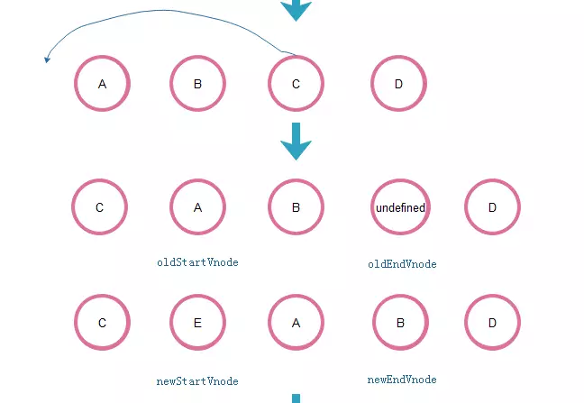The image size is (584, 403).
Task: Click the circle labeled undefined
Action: pos(400,207)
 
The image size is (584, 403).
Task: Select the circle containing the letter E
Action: pos(197,322)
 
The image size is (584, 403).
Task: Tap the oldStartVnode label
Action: pos(197,262)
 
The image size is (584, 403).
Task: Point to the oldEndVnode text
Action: pos(402,264)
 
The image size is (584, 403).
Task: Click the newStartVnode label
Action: pos(197,381)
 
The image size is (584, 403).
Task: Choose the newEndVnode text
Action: pos(402,380)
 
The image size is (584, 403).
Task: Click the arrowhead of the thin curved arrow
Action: pos(47,60)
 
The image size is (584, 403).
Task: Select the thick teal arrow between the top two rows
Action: pos(296,142)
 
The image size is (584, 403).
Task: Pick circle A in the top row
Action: pos(102,84)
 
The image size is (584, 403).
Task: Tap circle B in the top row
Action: pos(197,84)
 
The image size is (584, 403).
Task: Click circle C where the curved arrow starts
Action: pos(296,84)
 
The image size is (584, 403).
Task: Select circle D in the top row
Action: pos(398,84)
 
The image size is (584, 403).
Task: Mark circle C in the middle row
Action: pos(99,207)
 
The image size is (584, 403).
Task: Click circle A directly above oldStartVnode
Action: pos(197,207)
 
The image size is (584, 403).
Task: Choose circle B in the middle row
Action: pos(296,207)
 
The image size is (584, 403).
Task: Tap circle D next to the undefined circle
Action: pos(492,207)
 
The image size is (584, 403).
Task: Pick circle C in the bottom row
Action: pos(102,322)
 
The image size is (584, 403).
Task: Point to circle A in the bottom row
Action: pos(296,322)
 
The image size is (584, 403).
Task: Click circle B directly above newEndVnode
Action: pos(400,322)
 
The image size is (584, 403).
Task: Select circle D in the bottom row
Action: pos(492,322)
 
